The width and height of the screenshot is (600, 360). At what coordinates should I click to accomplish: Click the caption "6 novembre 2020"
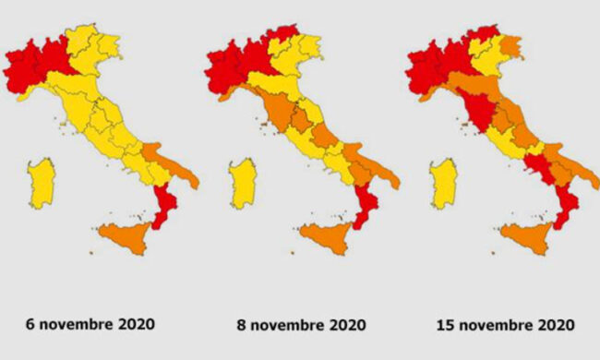90,324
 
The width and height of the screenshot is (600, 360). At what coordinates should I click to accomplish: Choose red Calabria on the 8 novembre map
367,206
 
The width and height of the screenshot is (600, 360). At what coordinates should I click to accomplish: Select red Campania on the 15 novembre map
537,167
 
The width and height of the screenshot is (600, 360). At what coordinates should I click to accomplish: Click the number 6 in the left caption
31,324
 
